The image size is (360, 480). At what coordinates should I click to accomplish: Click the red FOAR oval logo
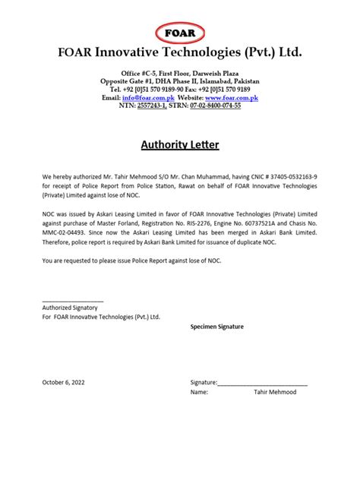pyautogui.click(x=179, y=33)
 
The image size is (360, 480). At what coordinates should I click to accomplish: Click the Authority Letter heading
pyautogui.click(x=180, y=144)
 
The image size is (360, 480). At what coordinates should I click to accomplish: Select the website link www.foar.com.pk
pyautogui.click(x=231, y=98)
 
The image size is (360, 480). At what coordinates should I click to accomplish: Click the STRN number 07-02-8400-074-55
pyautogui.click(x=215, y=106)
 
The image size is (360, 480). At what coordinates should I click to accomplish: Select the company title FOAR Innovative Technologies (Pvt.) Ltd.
pyautogui.click(x=179, y=52)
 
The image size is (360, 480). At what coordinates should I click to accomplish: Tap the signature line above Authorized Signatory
pyautogui.click(x=72, y=301)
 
